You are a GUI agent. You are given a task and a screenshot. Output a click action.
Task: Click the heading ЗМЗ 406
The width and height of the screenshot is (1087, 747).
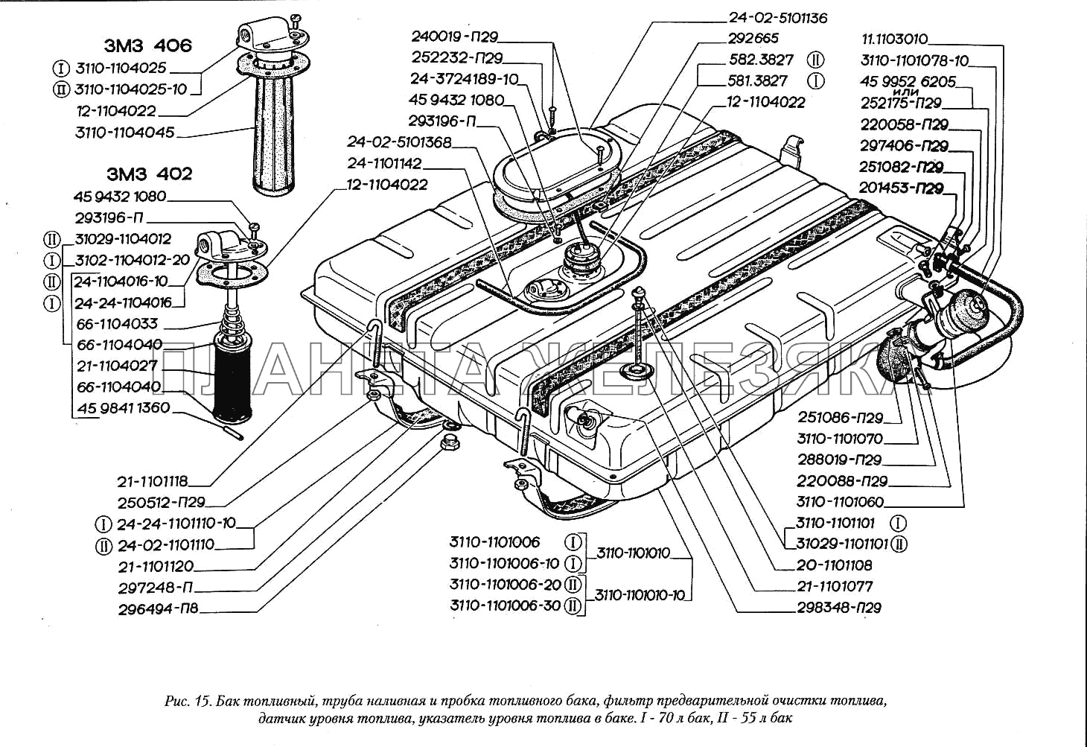coord(147,45)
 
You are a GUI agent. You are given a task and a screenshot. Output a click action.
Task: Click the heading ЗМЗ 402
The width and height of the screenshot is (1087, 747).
coord(149,174)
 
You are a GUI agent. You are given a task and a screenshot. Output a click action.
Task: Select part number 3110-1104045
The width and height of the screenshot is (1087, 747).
coord(125,133)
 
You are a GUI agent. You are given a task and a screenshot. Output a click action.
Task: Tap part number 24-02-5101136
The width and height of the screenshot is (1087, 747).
coord(777,18)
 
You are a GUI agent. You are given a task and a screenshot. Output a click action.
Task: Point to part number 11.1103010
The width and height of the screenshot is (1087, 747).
coord(894,39)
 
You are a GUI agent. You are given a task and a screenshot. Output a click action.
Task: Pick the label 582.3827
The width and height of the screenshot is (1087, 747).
coord(761,60)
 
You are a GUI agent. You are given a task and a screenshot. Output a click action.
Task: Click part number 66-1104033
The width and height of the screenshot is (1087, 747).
coord(118,324)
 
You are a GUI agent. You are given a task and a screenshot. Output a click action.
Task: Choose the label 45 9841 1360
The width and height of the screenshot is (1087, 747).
coord(124,408)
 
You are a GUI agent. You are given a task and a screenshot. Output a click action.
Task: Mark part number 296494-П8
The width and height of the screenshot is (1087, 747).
coord(158,609)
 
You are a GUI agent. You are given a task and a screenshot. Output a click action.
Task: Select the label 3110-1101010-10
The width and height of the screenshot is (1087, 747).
coord(640,595)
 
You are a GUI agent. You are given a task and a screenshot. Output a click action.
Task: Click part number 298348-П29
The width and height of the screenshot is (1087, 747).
coord(839,608)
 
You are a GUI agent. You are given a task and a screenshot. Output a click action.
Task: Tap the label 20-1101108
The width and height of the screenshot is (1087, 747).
coord(834,565)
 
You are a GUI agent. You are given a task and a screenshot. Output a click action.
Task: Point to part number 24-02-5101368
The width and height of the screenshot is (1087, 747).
coord(399,142)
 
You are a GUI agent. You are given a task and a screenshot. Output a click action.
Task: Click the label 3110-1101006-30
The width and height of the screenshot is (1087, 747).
coord(505,605)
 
